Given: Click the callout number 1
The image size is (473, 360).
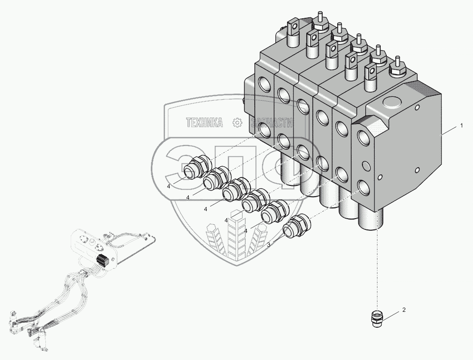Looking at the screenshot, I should pyautogui.click(x=461, y=126).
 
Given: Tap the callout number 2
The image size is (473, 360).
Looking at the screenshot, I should pyautogui.click(x=404, y=310).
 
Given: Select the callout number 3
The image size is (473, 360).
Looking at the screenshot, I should pyautogui.click(x=268, y=244).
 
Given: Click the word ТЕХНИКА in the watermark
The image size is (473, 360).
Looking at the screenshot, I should pyautogui.click(x=205, y=123).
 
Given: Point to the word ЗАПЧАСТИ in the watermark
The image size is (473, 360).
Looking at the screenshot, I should pyautogui.click(x=272, y=123).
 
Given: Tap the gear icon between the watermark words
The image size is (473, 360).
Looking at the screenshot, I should pyautogui.click(x=237, y=123).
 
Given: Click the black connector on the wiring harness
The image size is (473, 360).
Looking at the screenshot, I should pyautogui.click(x=102, y=262).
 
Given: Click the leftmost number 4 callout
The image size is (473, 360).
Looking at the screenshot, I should pyautogui.click(x=168, y=186).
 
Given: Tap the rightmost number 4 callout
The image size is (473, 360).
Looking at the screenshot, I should pyautogui.click(x=245, y=231).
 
